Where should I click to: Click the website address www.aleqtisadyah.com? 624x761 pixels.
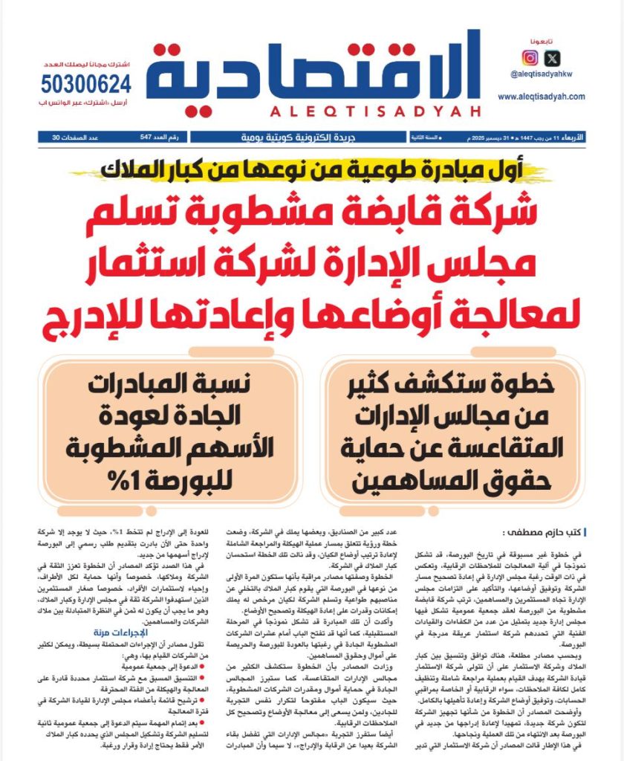click(541, 97)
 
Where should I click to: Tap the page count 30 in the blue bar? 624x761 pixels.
click(55, 137)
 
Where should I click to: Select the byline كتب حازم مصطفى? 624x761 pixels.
click(546, 532)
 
